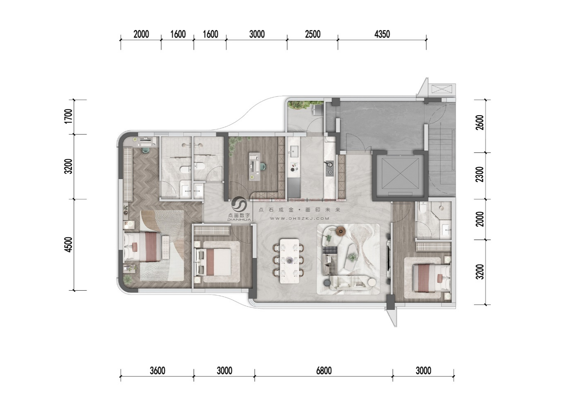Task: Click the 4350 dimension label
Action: tap(382, 34)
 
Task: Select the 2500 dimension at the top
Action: tap(313, 34)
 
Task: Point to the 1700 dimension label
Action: tap(68, 116)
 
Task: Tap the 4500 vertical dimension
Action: tap(68, 245)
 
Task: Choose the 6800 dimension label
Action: tap(324, 371)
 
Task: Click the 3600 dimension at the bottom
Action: tap(157, 371)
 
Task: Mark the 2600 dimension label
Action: tap(480, 123)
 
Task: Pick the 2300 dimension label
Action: tap(480, 174)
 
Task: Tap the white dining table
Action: tap(289, 261)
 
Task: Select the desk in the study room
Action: tap(254, 166)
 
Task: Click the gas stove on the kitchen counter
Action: tap(330, 168)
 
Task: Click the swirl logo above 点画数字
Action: tap(239, 204)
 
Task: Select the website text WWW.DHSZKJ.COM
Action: tap(299, 218)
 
